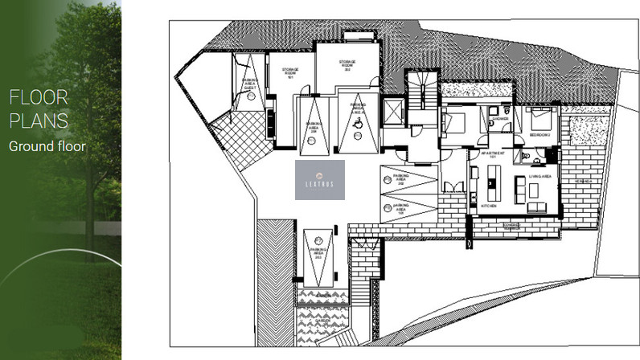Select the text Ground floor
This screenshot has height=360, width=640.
pos(47,146)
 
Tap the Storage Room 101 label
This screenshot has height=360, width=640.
pos(290,73)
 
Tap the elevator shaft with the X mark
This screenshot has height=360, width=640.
pos(393,111)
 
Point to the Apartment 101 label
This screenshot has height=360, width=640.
pos(490,153)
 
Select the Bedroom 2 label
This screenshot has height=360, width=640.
pos(537,135)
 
